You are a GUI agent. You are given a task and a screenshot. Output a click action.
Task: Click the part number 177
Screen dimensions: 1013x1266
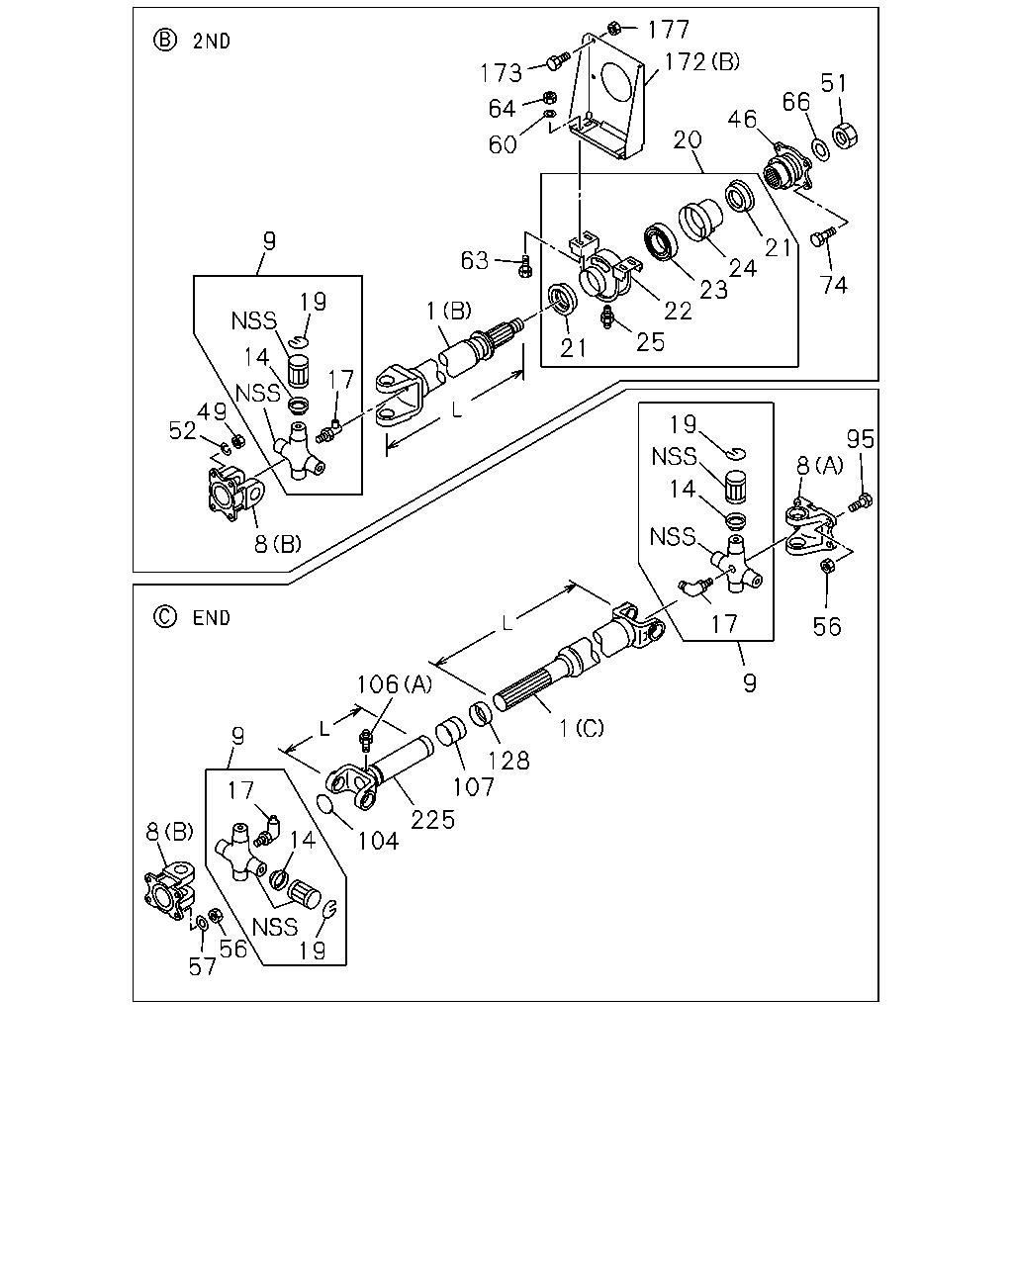tap(668, 30)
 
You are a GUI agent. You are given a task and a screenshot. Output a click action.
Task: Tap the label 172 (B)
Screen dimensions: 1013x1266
tap(702, 61)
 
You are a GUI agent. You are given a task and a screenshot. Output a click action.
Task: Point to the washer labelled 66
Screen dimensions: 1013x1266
tap(821, 149)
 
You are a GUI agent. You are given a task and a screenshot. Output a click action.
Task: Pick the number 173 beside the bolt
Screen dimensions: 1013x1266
tap(501, 73)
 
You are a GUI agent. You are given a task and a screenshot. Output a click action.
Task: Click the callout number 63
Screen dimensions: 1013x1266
tap(475, 260)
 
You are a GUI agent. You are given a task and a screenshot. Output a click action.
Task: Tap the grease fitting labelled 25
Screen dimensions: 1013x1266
tap(607, 318)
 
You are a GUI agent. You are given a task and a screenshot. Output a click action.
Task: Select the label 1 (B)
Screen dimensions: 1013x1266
tap(448, 311)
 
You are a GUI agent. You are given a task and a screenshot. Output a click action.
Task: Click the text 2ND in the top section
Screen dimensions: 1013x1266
tap(212, 42)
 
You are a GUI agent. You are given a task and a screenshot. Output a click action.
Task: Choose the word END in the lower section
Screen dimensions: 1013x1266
tap(212, 618)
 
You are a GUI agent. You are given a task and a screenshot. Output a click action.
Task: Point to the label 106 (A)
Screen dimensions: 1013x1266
tap(395, 684)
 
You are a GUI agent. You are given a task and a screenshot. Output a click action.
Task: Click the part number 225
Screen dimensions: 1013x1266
tap(432, 820)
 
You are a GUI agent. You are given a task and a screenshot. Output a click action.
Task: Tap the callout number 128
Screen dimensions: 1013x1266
tap(509, 761)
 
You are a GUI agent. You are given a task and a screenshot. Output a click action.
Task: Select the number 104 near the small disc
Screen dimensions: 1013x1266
tap(379, 841)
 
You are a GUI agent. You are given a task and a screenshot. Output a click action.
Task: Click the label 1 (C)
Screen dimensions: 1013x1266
tap(582, 729)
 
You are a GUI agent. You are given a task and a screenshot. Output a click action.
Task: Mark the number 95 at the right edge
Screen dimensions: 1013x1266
tap(861, 439)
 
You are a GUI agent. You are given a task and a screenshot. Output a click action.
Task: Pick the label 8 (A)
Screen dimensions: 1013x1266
tap(820, 466)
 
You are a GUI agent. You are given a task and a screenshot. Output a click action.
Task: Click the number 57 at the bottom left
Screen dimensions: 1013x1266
tap(203, 966)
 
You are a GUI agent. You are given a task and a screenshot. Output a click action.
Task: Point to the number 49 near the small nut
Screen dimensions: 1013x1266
tap(212, 412)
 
